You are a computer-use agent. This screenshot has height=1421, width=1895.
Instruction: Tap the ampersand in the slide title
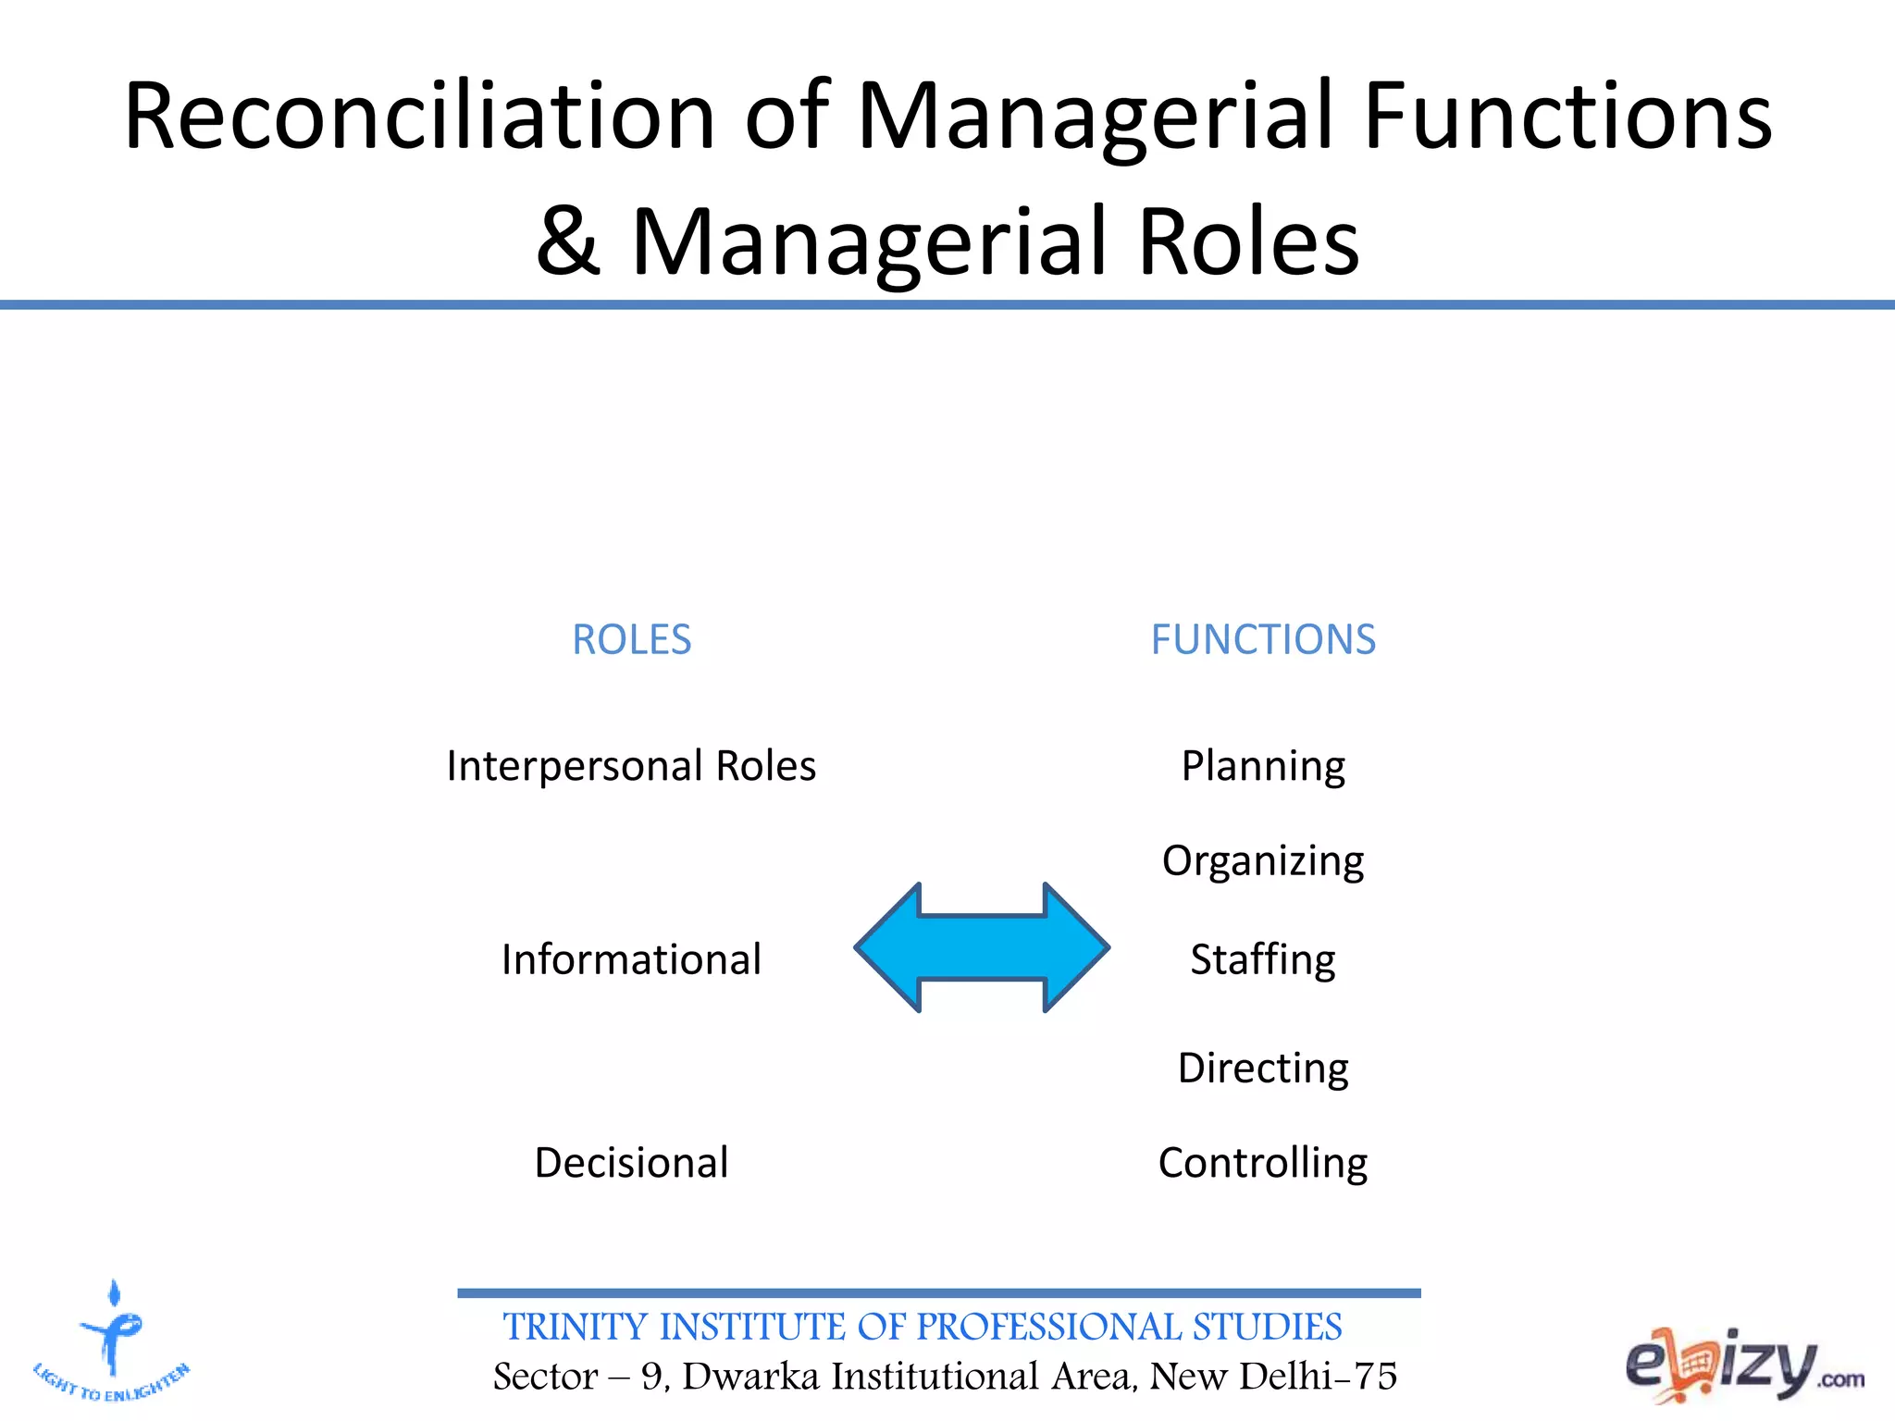click(x=567, y=241)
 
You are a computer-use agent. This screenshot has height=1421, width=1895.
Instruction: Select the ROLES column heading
click(x=632, y=639)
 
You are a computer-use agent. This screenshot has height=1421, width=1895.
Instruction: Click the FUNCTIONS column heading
click(x=1263, y=639)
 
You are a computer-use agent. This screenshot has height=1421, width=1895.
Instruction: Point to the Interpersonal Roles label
click(x=631, y=766)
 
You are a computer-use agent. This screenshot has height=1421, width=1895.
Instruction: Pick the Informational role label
click(x=631, y=959)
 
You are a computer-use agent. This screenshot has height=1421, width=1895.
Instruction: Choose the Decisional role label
click(x=631, y=1163)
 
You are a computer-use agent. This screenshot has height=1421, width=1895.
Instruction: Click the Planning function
click(x=1263, y=767)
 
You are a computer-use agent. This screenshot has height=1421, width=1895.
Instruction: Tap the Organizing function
click(x=1263, y=861)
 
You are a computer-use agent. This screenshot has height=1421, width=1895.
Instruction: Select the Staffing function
click(x=1263, y=959)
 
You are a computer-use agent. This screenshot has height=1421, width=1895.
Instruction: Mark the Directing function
click(x=1263, y=1069)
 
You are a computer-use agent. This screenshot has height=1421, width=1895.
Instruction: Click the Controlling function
click(x=1263, y=1163)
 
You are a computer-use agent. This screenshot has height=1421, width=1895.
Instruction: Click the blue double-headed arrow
click(x=982, y=947)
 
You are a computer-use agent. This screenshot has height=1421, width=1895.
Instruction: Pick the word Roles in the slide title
click(x=1248, y=241)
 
